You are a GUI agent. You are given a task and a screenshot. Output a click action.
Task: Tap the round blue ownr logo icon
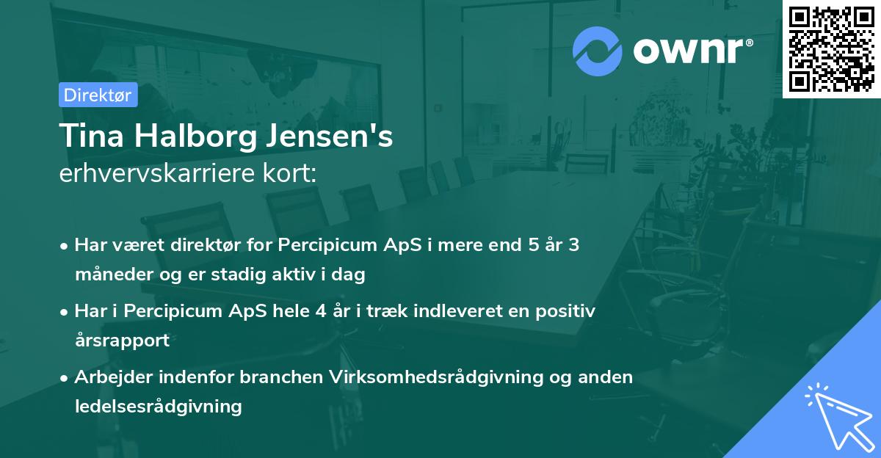click(x=597, y=51)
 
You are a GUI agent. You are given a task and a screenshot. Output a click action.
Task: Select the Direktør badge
click(x=98, y=95)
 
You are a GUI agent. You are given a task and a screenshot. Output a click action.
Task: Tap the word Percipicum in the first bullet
click(x=325, y=245)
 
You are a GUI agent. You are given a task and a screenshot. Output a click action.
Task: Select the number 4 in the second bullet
click(x=320, y=311)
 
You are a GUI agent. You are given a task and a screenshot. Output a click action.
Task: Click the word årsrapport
click(x=122, y=341)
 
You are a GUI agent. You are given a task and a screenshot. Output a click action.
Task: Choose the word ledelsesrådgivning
click(x=158, y=407)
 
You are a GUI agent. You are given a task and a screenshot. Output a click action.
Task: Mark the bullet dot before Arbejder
click(x=66, y=378)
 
